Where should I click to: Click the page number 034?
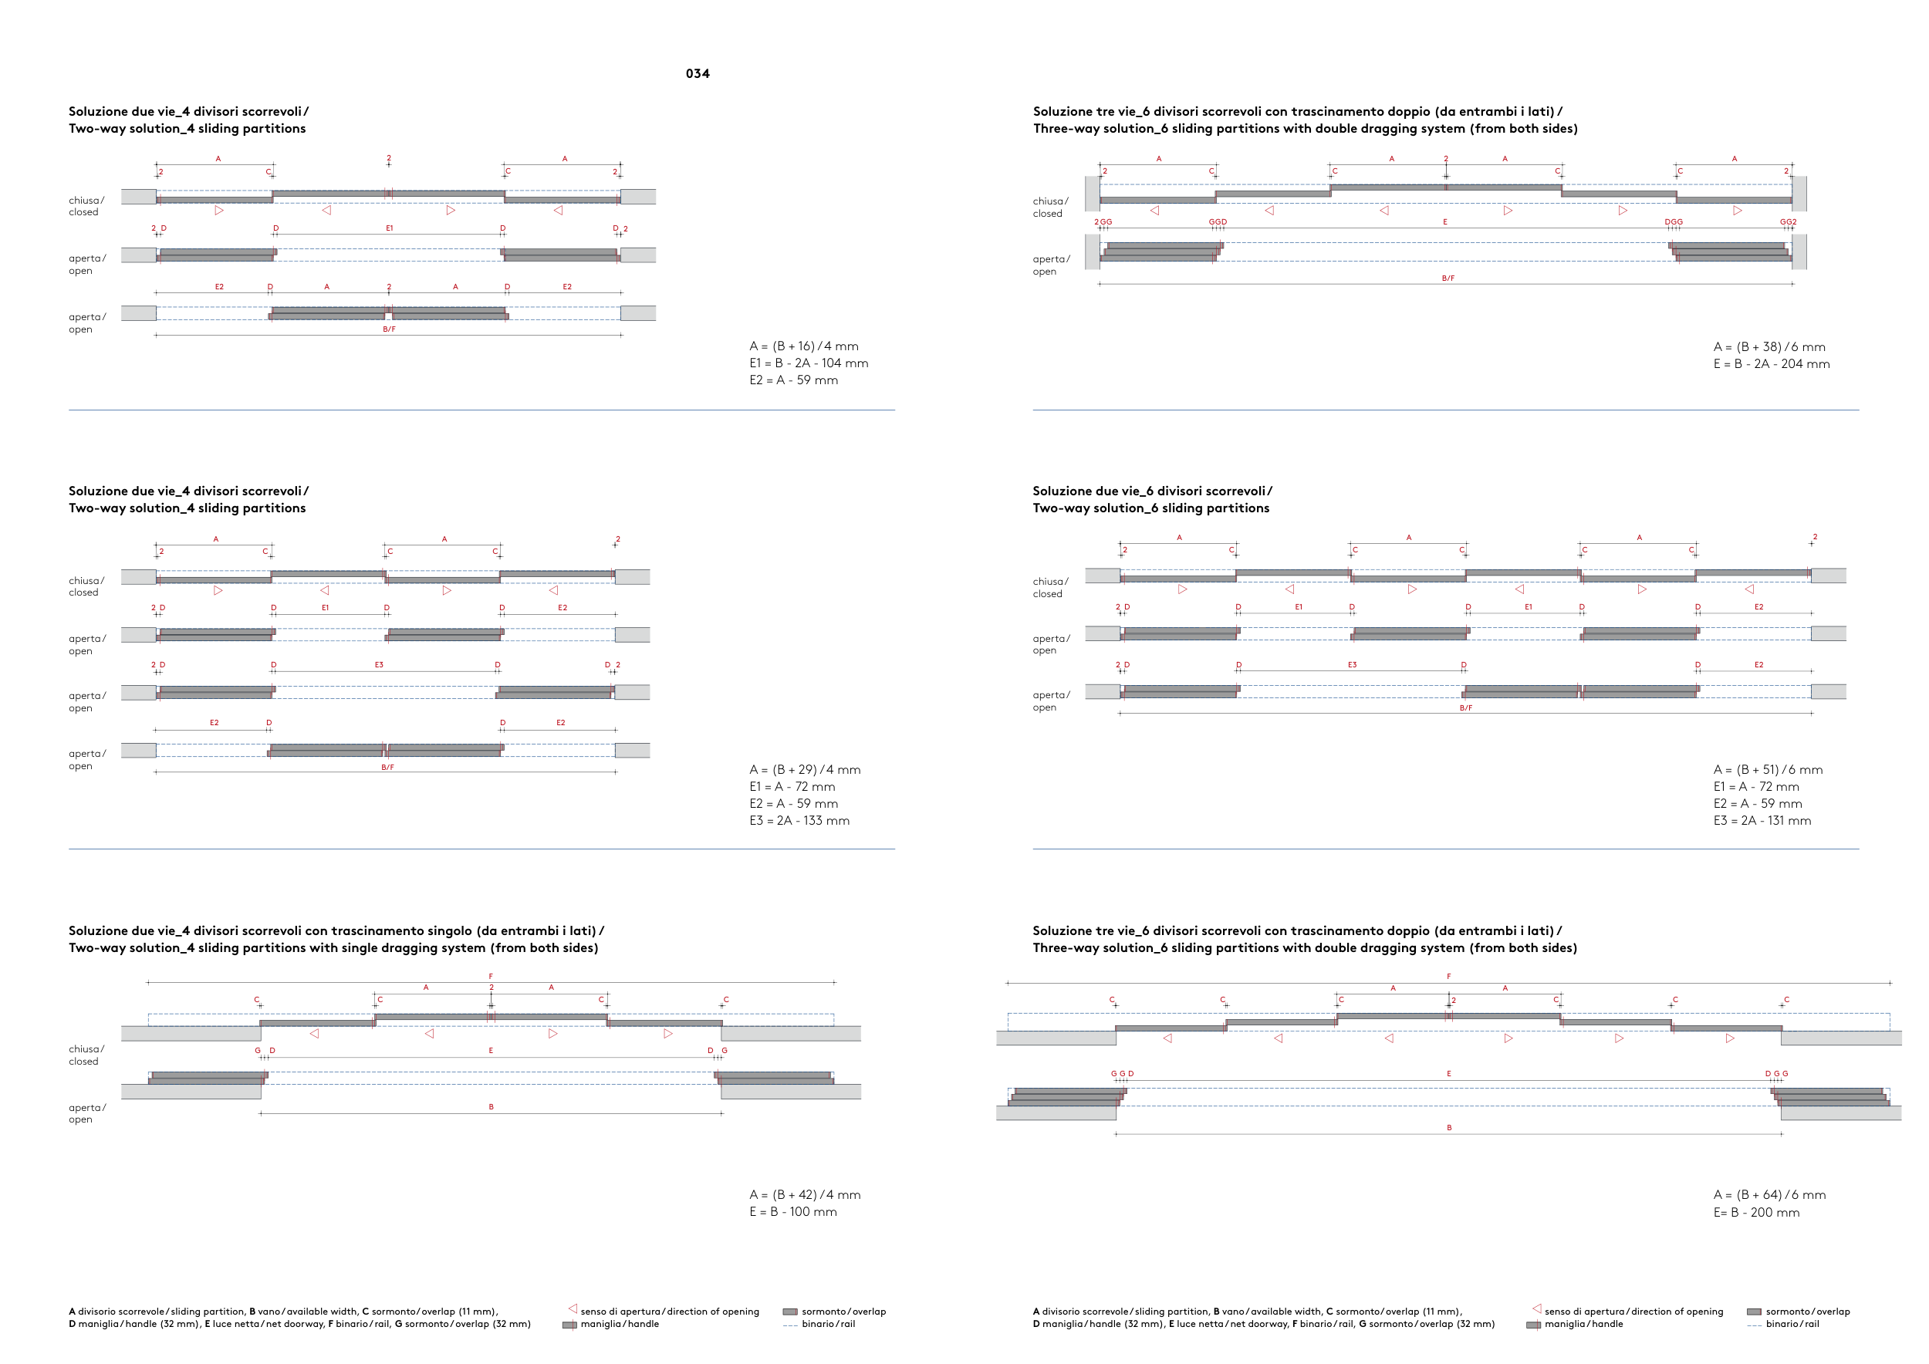point(698,74)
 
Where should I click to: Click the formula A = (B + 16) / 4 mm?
point(803,346)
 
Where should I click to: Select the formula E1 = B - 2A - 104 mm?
point(808,363)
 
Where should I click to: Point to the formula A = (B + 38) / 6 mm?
point(1769,347)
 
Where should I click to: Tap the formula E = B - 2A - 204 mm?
point(1771,363)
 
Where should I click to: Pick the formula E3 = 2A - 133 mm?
point(799,821)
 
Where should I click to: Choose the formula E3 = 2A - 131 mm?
point(1762,821)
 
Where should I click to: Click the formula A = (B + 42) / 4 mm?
point(804,1194)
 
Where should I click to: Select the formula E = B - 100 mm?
point(792,1211)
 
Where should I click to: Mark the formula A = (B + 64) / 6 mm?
point(1769,1194)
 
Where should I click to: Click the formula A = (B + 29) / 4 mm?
point(804,769)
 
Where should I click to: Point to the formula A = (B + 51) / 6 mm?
point(1768,769)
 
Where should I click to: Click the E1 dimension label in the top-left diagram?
point(389,228)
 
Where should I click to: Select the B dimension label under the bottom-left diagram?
point(492,1107)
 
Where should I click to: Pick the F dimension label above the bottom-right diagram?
point(1448,977)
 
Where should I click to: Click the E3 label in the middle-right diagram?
point(1352,665)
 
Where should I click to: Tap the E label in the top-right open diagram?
point(1445,222)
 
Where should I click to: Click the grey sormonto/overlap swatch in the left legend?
point(790,1311)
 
